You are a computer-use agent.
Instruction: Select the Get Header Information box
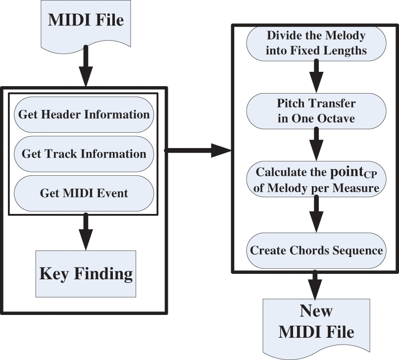coord(84,114)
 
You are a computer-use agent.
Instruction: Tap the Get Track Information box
coord(84,154)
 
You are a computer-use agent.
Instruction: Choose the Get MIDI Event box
coord(84,192)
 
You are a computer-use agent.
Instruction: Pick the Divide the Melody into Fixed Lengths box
coord(316,43)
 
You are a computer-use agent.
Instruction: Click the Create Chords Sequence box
coord(316,250)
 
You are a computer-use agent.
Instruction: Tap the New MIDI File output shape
coord(316,322)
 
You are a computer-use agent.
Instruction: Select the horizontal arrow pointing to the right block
coord(198,151)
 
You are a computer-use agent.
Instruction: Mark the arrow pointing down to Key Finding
coord(86,231)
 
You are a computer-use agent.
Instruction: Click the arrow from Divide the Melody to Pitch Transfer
coord(316,76)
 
